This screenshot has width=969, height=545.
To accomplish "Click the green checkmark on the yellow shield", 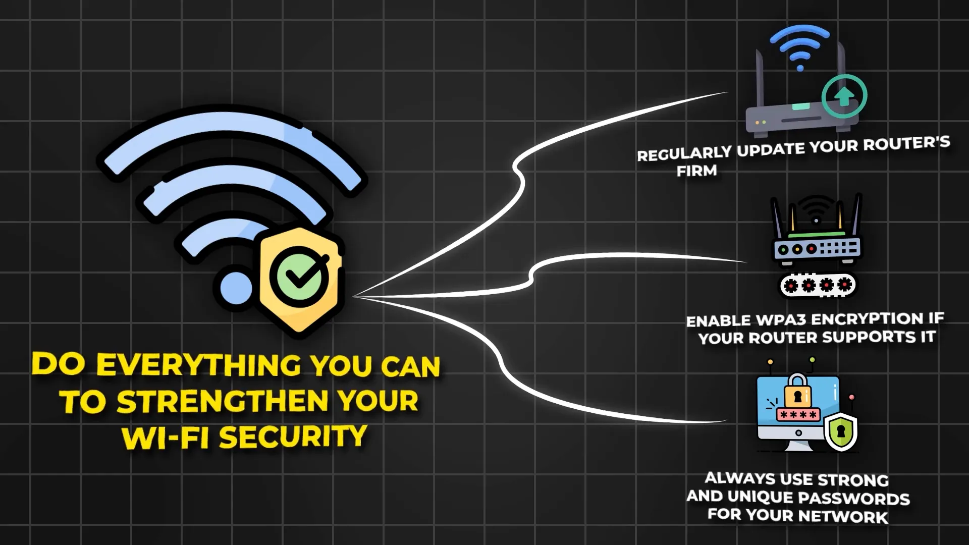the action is (299, 276).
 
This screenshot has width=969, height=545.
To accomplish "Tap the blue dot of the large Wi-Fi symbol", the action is (236, 288).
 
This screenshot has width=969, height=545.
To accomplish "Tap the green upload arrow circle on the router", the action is (844, 96).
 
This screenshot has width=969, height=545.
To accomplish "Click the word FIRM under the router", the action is (696, 171).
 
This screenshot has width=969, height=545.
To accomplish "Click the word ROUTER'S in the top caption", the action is (906, 144).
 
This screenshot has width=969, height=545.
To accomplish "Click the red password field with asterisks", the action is (799, 414).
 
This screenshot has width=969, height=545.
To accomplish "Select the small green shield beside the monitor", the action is (840, 431).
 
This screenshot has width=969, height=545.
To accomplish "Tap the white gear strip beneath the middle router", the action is (818, 286).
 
